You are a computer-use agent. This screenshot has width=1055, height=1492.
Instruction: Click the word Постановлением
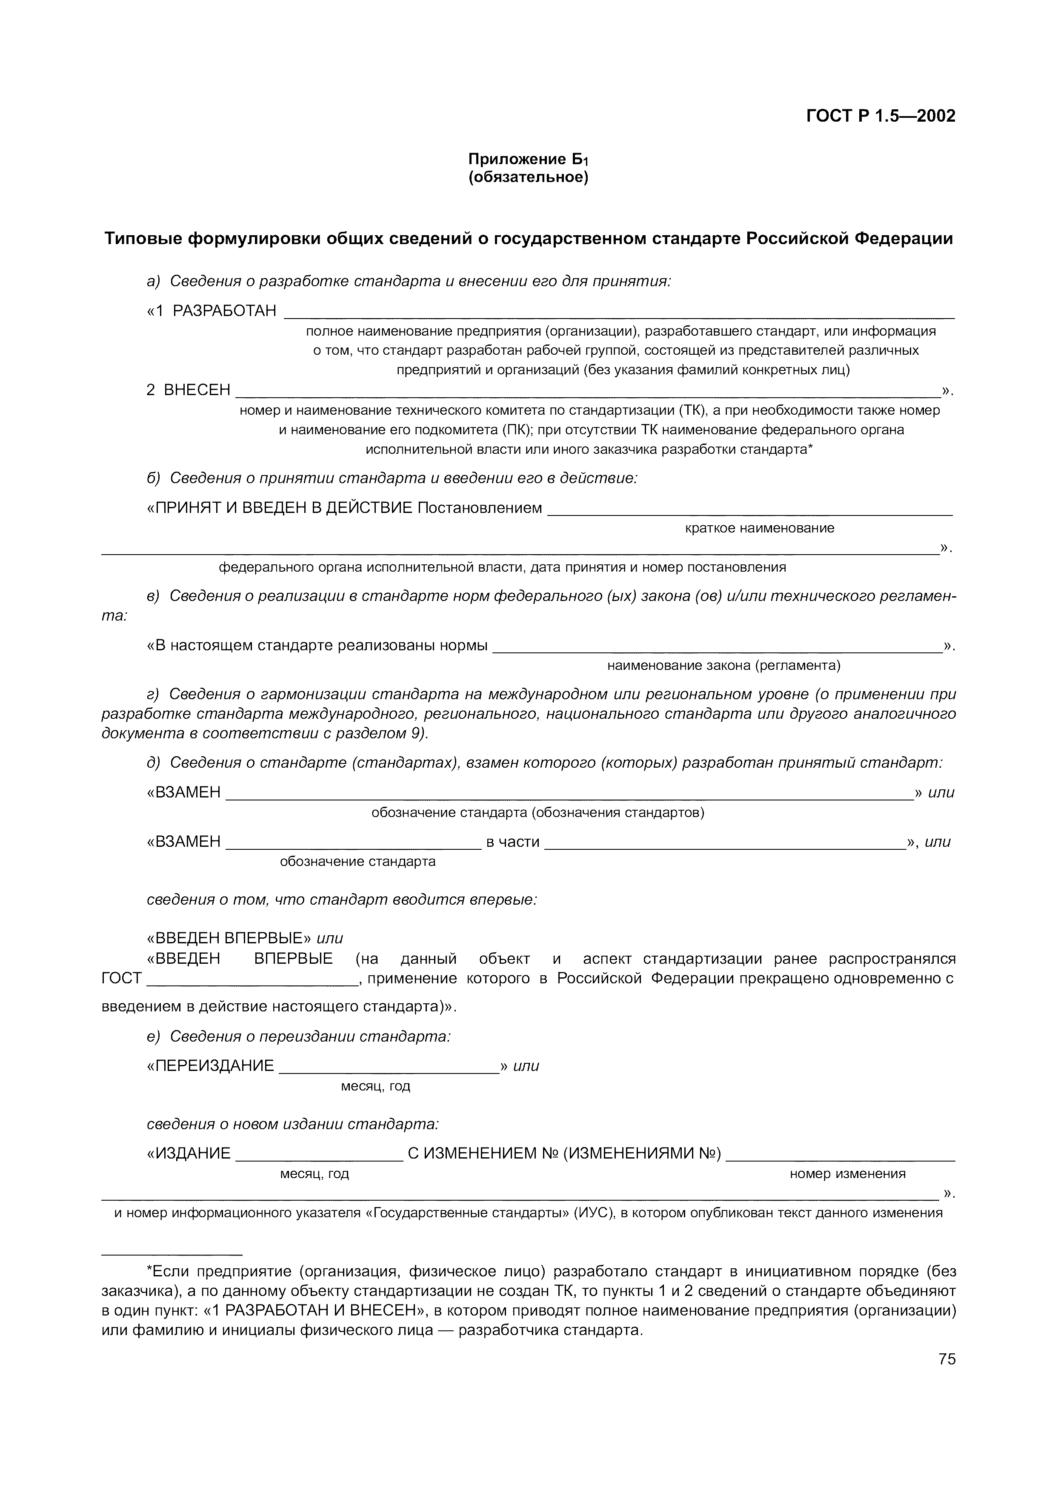[x=479, y=507]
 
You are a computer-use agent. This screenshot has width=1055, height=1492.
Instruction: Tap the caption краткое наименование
[x=759, y=528]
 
